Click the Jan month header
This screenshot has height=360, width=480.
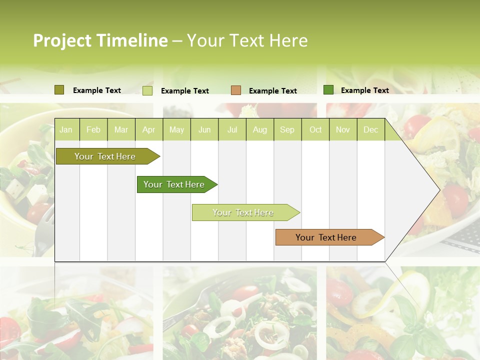tap(66, 129)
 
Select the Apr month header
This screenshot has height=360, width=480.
tap(148, 129)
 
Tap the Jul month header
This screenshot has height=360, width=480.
tap(232, 129)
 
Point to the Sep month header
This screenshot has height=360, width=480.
tap(287, 129)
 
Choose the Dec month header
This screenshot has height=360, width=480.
tap(370, 129)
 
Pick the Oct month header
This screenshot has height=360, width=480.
tap(315, 129)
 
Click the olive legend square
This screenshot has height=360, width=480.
tap(59, 90)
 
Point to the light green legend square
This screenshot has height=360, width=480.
tap(147, 90)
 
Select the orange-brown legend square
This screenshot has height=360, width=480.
tap(236, 90)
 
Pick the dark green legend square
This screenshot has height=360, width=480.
tap(328, 90)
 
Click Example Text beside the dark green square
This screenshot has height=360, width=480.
tap(364, 90)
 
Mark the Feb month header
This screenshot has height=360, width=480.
tap(93, 129)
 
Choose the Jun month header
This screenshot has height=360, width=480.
tap(204, 129)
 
